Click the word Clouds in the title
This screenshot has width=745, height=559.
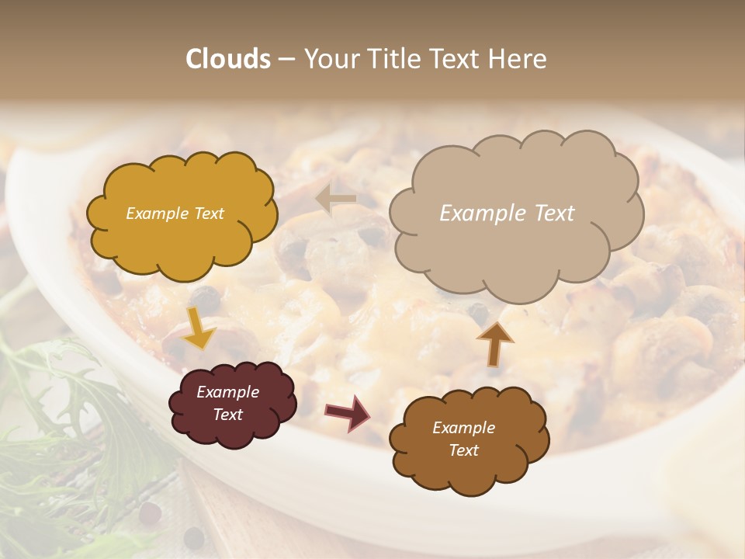(x=228, y=59)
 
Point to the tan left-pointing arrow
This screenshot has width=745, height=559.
(x=336, y=200)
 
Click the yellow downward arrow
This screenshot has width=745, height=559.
(x=199, y=328)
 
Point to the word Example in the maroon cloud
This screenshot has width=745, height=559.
(x=227, y=392)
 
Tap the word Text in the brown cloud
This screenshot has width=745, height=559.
(x=463, y=450)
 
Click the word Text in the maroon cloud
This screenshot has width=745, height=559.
(x=227, y=415)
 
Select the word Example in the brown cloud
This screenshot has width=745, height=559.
(x=463, y=428)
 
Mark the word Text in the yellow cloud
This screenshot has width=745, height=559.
(x=207, y=214)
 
